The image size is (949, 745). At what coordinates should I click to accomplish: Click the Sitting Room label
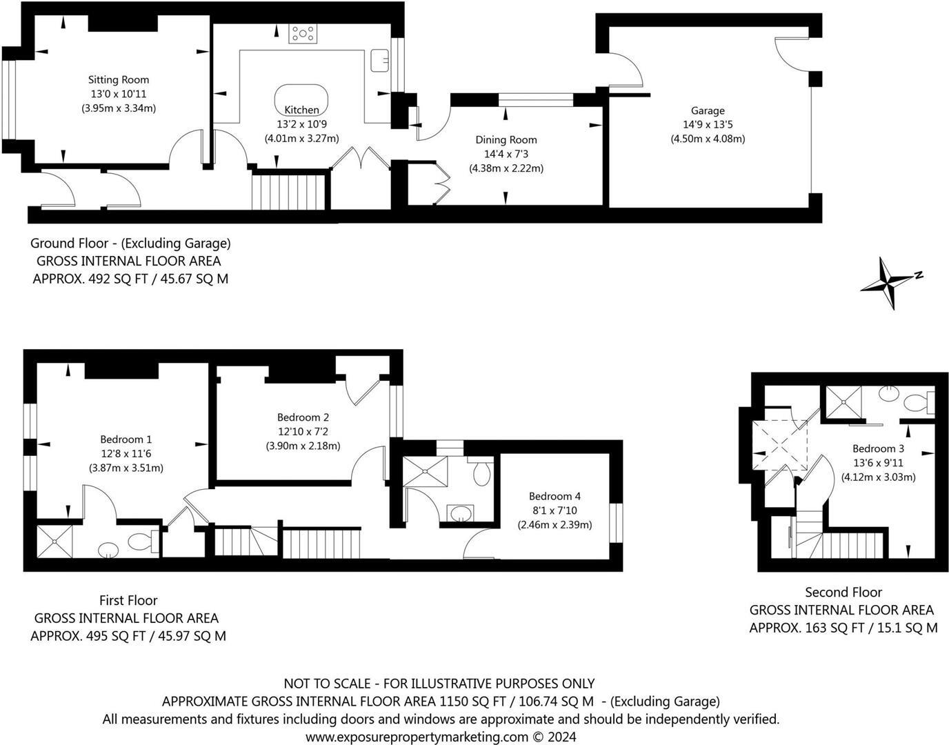click(119, 80)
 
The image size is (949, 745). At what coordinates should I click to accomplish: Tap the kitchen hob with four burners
click(303, 34)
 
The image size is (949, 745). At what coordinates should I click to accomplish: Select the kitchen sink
click(379, 60)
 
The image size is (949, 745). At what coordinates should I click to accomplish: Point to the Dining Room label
click(506, 140)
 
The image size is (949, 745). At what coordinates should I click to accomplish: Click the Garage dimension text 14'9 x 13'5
click(708, 125)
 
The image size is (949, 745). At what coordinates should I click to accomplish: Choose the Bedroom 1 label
click(126, 439)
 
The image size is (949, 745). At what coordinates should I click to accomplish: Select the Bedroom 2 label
click(303, 417)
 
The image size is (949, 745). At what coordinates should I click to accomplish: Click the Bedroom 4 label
click(555, 496)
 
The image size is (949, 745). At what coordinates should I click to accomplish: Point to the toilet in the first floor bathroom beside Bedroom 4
click(482, 473)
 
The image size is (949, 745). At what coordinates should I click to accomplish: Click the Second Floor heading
click(843, 592)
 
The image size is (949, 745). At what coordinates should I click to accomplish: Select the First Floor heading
click(128, 600)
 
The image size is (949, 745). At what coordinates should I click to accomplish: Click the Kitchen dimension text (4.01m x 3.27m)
click(302, 138)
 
